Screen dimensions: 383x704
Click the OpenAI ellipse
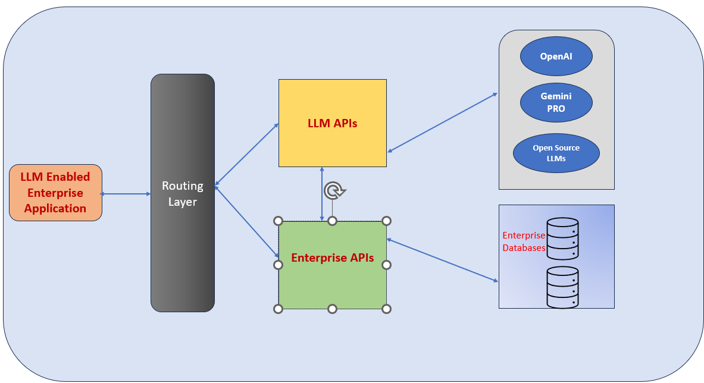point(556,57)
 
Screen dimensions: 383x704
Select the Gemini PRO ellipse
point(556,102)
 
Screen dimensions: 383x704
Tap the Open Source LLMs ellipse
point(556,153)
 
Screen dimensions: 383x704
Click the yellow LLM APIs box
point(332,123)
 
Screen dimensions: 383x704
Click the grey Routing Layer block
point(182,193)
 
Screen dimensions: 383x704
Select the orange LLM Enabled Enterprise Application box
point(55,193)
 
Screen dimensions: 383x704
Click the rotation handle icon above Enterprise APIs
point(334,191)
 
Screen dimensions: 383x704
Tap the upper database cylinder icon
point(562,238)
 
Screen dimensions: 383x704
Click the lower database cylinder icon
point(562,287)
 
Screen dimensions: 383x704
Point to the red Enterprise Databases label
point(524,241)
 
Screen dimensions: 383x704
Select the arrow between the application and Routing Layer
point(126,194)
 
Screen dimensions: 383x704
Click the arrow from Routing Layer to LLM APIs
point(246,155)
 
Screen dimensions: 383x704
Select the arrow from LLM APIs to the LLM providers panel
point(442,123)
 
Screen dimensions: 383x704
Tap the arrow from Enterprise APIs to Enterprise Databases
point(442,260)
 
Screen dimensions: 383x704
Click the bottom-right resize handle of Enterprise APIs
point(386,309)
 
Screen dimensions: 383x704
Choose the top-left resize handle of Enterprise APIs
point(278,221)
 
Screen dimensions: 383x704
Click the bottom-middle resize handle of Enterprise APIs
point(332,309)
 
